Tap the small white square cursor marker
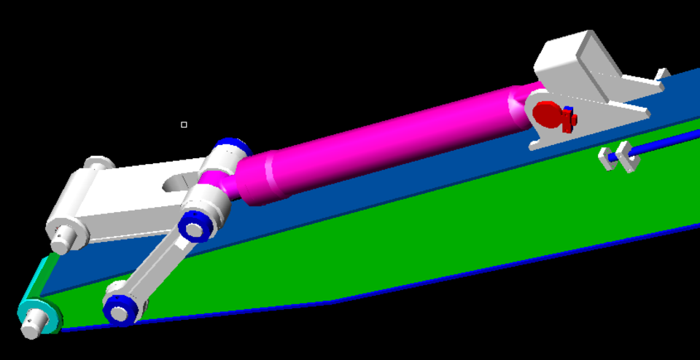coord(184,125)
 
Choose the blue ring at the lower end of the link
coord(120,310)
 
